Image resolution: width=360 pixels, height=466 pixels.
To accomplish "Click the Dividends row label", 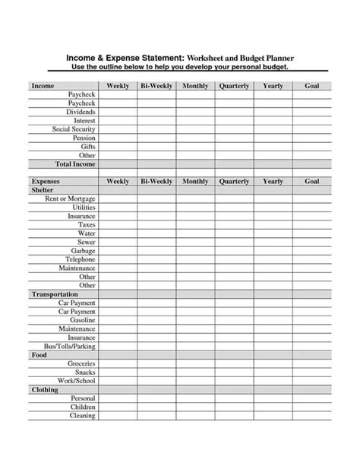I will click(81, 112).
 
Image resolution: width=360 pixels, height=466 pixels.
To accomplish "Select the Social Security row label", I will click(74, 129).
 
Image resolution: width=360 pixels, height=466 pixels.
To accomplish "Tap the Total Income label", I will click(74, 164).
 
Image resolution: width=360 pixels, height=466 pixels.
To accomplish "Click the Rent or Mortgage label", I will click(70, 198).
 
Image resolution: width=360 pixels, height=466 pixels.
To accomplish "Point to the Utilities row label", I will click(84, 208).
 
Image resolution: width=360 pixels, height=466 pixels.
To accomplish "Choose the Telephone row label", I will click(80, 259).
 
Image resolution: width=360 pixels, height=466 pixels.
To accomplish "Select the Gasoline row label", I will click(82, 320).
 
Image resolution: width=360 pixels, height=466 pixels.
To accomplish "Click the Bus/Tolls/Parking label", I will click(71, 346).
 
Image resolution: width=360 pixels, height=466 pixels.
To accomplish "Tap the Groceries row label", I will click(81, 363).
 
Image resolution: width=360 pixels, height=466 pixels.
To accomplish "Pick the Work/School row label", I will click(76, 381).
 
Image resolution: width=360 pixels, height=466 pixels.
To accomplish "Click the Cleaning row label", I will click(83, 416).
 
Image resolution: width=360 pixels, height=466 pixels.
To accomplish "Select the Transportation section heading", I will click(54, 294).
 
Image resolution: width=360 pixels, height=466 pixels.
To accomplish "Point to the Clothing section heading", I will click(45, 389).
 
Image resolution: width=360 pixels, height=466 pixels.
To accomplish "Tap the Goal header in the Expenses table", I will click(311, 182).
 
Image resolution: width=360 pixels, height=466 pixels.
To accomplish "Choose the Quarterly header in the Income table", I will click(234, 86).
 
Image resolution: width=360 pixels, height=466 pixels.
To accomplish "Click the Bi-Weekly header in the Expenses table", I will click(156, 182).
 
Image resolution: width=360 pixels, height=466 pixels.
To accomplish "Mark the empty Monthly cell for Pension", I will click(195, 138).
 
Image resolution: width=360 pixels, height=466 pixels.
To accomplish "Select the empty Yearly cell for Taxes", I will click(273, 225).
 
